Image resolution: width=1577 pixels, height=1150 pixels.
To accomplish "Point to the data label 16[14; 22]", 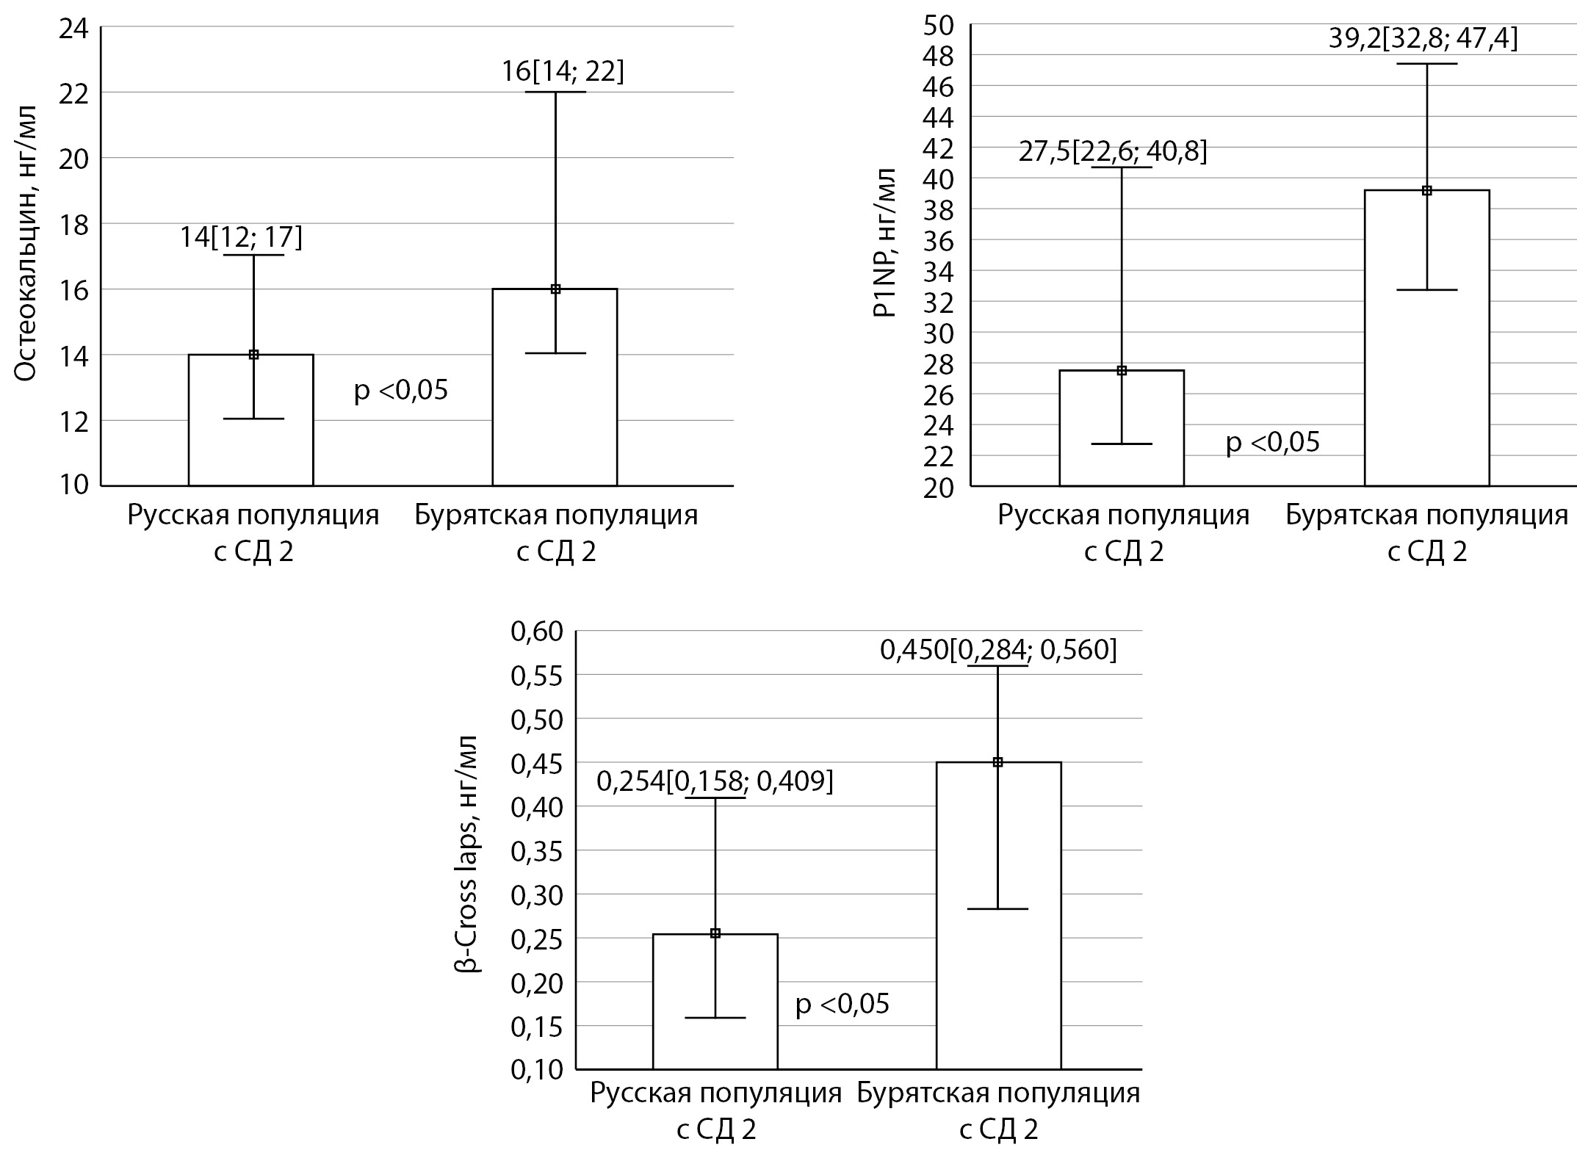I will click(x=563, y=72).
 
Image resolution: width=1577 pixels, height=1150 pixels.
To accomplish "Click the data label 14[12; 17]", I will click(x=241, y=237).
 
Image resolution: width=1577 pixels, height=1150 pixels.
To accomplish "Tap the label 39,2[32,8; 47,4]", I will click(x=1423, y=38).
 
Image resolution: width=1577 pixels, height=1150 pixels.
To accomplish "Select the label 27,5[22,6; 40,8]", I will click(x=1113, y=152).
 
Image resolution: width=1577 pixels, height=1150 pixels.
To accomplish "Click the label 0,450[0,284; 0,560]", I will click(x=998, y=650).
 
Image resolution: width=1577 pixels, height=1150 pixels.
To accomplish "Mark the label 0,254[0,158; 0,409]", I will click(x=715, y=782).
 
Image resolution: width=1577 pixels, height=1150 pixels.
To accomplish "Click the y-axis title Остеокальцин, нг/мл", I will click(x=26, y=242).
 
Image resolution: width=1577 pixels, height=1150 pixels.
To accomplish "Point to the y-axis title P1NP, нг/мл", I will click(x=884, y=242).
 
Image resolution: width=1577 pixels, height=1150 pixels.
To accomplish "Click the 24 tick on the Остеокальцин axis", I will click(x=73, y=29).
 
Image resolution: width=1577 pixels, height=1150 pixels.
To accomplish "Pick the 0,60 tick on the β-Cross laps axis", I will click(x=536, y=632).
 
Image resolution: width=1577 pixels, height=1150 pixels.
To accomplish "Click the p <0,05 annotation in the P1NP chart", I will click(x=1273, y=442).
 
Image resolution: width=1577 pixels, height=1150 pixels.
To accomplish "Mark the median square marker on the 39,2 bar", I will click(x=1426, y=191).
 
